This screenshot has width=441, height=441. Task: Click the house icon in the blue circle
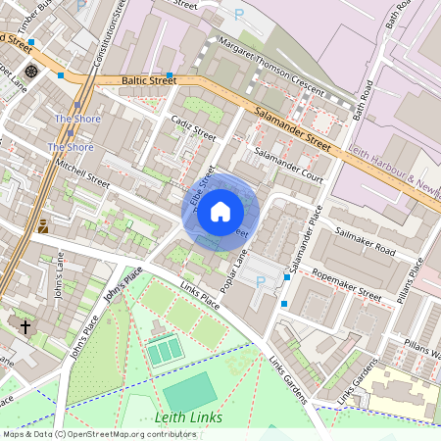coord(220,211)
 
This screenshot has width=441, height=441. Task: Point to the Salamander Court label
coord(288,153)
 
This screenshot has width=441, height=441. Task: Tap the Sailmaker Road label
coord(364,243)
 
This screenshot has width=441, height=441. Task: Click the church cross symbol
coord(25,324)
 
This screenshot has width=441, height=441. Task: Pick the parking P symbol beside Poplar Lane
coord(260,282)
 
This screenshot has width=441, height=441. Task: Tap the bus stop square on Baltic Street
coord(170,74)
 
